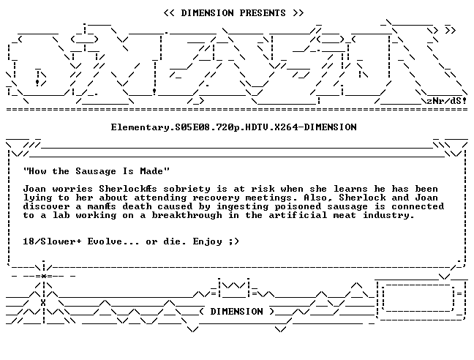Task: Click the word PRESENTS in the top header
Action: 263,13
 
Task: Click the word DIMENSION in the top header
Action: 208,13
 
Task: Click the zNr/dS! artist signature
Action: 446,101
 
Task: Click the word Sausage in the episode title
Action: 96,171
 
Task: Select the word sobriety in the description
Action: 187,189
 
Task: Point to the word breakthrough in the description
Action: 187,215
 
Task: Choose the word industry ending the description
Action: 388,216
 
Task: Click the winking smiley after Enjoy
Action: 234,241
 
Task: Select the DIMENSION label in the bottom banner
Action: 236,311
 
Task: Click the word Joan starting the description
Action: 35,189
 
